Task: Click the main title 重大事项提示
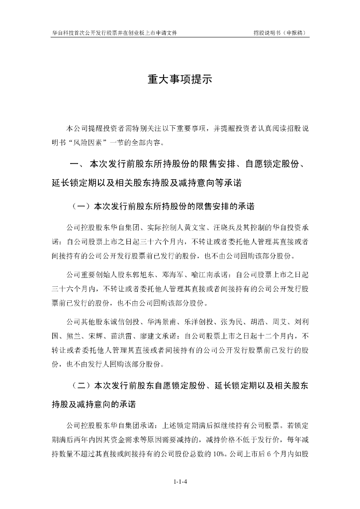point(180,80)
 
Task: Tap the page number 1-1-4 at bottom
point(180,482)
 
